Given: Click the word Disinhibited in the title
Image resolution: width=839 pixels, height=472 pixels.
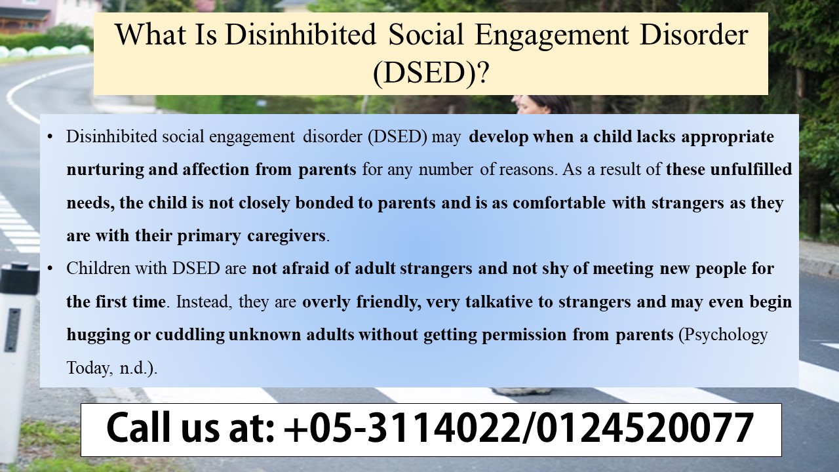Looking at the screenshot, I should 300,35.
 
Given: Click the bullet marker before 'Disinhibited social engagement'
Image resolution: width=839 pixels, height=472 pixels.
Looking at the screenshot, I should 50,138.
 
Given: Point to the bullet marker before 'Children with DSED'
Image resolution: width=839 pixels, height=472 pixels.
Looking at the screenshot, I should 50,269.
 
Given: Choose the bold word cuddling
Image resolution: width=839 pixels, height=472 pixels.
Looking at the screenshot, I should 191,335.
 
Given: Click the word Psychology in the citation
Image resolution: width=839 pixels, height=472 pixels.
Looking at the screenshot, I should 724,335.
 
